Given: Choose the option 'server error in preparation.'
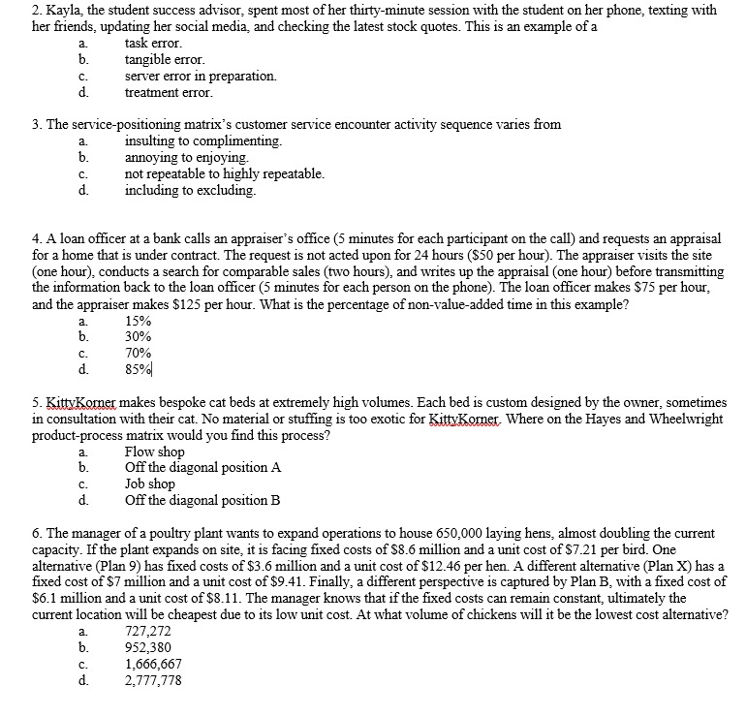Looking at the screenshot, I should (201, 76).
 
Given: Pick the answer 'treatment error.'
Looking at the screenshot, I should (169, 92).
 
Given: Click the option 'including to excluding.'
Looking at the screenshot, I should (191, 190).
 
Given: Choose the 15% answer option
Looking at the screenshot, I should (139, 321).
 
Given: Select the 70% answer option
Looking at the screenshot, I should (139, 353).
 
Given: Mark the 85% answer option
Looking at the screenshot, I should (139, 369).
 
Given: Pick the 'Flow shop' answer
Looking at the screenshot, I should (154, 452).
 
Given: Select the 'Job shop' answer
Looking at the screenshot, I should (150, 483).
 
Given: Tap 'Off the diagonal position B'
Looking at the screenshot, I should (202, 500).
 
